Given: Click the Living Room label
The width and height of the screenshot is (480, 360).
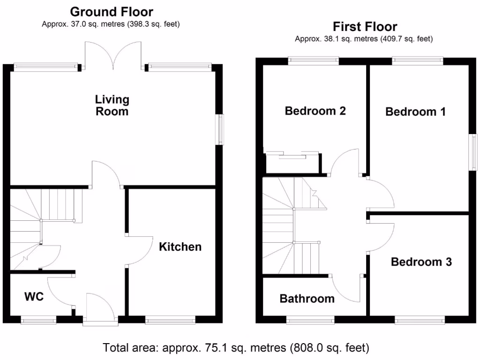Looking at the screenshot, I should coord(112,105).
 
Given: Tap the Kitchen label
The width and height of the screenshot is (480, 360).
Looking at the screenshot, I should coord(180,247).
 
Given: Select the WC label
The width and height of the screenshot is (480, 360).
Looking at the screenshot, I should coord(34,297).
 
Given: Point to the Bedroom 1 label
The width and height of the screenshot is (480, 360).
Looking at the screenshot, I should coord(415,112).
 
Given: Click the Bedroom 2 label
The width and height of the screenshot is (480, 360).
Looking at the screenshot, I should coord(315,111).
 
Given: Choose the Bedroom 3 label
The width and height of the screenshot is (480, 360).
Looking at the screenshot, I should coord(421,262).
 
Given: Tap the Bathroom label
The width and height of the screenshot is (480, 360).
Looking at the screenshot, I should coord(307,299).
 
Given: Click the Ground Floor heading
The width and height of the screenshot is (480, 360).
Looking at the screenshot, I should coord(112,12).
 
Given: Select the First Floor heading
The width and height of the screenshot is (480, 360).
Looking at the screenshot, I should coord(365,27).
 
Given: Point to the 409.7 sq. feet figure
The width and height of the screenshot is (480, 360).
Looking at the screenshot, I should coord(408,39).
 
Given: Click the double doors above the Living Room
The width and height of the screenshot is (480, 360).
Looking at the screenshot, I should coord(113,55).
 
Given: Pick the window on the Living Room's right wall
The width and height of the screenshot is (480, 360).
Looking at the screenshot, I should coord(219,129).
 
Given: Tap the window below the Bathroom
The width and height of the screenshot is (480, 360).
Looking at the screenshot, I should coord(310,321).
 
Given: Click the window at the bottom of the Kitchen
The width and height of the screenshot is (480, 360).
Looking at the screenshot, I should coord(170,321).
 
